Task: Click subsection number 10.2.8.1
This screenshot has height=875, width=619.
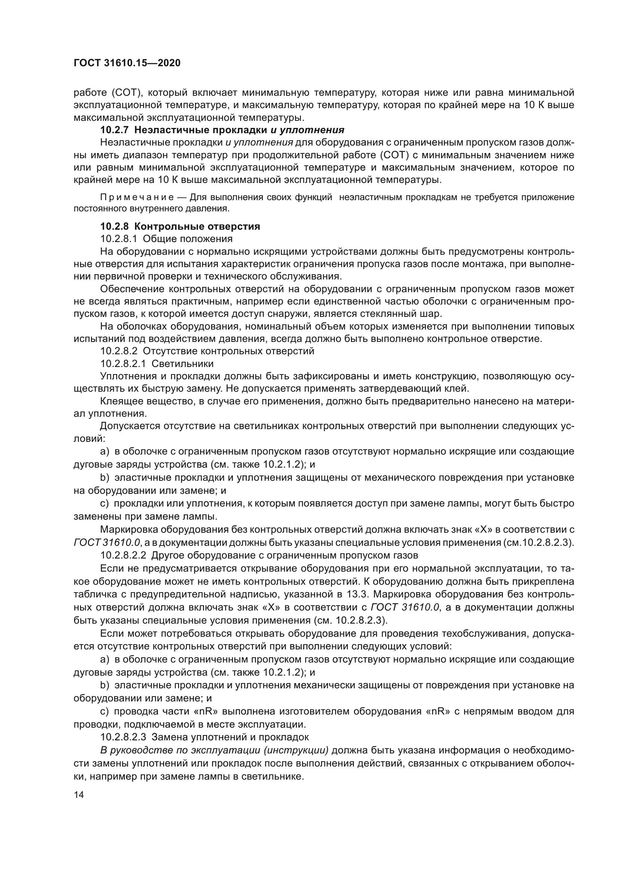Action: click(x=119, y=239)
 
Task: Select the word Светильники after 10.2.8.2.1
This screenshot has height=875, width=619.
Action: click(x=183, y=363)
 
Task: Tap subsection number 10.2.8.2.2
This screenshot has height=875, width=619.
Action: click(x=123, y=555)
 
